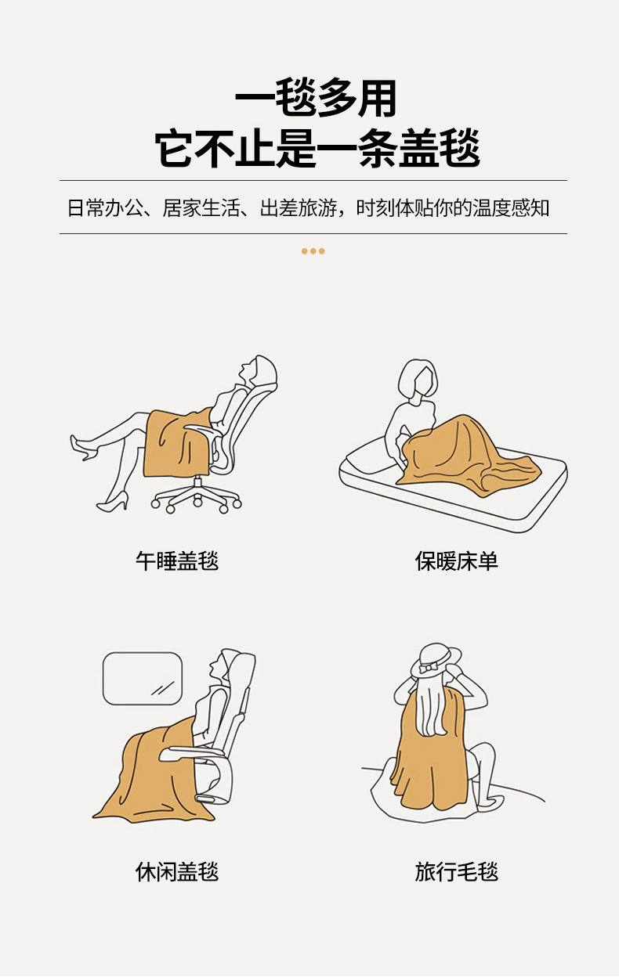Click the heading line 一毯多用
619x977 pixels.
click(x=316, y=98)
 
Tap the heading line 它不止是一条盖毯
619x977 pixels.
click(x=317, y=148)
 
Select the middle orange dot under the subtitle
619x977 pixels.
click(x=313, y=251)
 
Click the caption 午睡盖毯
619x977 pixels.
click(x=177, y=561)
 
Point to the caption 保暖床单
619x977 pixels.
click(x=456, y=561)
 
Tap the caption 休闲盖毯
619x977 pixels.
click(x=177, y=871)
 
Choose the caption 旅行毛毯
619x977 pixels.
click(x=456, y=871)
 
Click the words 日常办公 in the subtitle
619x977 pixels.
click(x=105, y=208)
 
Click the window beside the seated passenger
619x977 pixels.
click(x=143, y=678)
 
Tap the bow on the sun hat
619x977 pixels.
click(x=428, y=667)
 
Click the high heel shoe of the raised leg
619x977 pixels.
click(x=83, y=448)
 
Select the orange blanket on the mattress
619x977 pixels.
click(x=467, y=456)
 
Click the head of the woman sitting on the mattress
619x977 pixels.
click(x=418, y=378)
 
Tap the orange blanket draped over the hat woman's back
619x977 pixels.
click(x=430, y=750)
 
